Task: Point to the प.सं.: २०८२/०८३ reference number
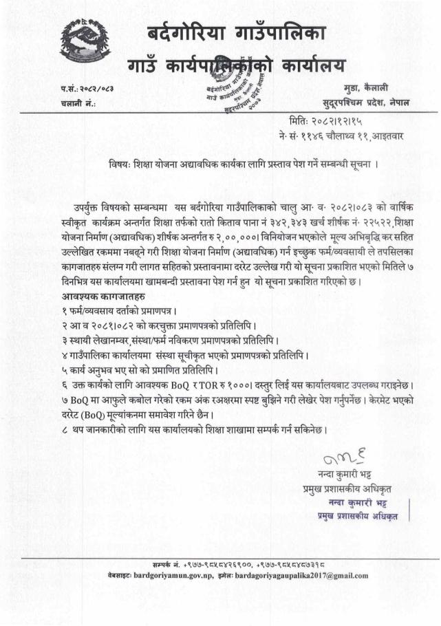(x=88, y=89)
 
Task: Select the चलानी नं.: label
(x=77, y=103)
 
